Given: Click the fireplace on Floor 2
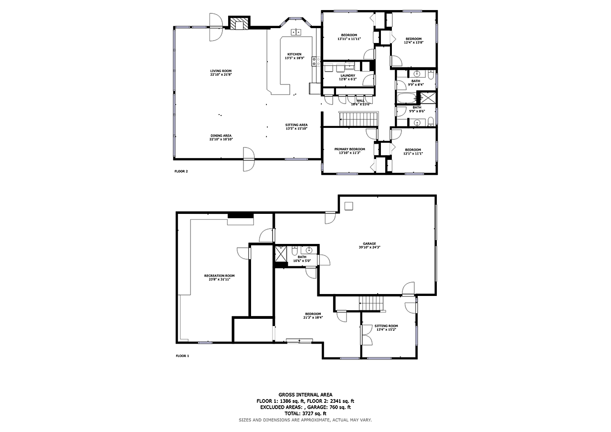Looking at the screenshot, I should coord(239,23).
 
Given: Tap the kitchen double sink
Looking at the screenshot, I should coord(296,32).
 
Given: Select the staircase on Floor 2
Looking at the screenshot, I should coord(358,119).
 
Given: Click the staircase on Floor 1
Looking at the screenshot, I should coord(371,303).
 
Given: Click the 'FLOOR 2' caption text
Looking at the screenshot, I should coord(181,171).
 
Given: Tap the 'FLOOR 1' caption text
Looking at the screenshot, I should coord(182,356).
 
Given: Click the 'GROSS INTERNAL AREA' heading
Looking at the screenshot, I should coord(305,394).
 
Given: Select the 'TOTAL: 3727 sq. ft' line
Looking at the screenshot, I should coord(305,413).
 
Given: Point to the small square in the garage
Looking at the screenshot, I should coord(349,206).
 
